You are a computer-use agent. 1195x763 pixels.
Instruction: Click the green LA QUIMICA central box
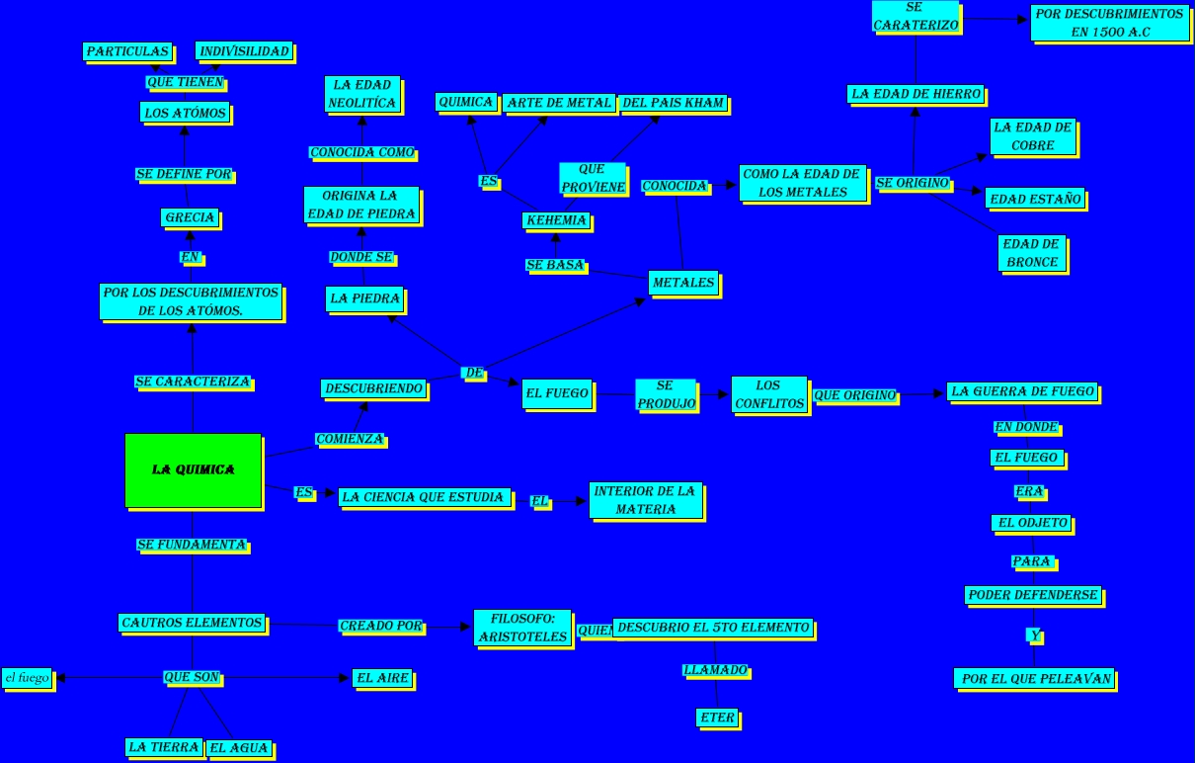pyautogui.click(x=194, y=469)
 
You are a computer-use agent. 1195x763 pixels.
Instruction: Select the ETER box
pyautogui.click(x=718, y=719)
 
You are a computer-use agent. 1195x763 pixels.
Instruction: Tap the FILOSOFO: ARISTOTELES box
pyautogui.click(x=522, y=628)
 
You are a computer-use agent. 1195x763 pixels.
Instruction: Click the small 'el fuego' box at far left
pyautogui.click(x=28, y=678)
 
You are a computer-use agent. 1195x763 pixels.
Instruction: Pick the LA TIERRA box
pyautogui.click(x=164, y=747)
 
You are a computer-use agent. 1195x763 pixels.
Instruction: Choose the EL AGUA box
pyautogui.click(x=239, y=748)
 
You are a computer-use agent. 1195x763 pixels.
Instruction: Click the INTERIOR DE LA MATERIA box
pyautogui.click(x=646, y=500)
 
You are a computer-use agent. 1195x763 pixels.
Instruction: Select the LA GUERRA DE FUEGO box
pyautogui.click(x=1022, y=391)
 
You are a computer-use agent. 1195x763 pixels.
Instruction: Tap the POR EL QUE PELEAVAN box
pyautogui.click(x=1037, y=679)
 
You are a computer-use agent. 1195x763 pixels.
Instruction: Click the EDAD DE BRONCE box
pyautogui.click(x=1031, y=253)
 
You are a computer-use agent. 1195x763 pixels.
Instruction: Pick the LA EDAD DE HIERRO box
pyautogui.click(x=916, y=94)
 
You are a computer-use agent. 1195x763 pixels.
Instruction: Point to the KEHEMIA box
pyautogui.click(x=556, y=220)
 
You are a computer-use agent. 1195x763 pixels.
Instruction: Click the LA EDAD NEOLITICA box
pyautogui.click(x=363, y=94)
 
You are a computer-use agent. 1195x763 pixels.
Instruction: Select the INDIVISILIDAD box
pyautogui.click(x=243, y=51)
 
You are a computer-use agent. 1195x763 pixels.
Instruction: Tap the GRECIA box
pyautogui.click(x=189, y=217)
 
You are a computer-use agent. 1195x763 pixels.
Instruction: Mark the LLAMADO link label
pyautogui.click(x=715, y=671)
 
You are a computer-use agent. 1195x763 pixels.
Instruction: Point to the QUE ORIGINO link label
pyautogui.click(x=855, y=395)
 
